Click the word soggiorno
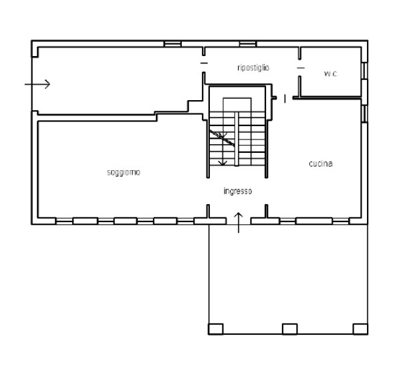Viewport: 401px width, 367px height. [x=124, y=173]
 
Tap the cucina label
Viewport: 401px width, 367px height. [x=321, y=163]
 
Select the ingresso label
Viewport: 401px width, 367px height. [x=238, y=191]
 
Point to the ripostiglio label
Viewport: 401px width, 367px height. [x=253, y=67]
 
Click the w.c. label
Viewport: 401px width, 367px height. [x=331, y=74]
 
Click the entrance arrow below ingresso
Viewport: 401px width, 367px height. [x=239, y=222]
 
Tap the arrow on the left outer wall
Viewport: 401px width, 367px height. [x=37, y=84]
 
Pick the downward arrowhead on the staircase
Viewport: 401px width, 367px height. [x=223, y=163]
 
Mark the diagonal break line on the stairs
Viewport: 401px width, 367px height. [x=222, y=138]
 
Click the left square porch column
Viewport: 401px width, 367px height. [x=216, y=329]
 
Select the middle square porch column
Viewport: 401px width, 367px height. [x=290, y=329]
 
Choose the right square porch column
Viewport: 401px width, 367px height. [x=360, y=329]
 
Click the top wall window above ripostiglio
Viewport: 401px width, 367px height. [x=248, y=44]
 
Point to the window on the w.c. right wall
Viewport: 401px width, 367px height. [x=365, y=71]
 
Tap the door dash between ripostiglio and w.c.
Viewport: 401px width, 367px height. [x=301, y=68]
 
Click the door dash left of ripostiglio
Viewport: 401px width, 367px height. [x=204, y=63]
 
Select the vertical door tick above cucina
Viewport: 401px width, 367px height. [x=285, y=99]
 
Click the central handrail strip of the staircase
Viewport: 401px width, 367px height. [x=237, y=139]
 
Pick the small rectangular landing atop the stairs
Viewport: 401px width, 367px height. [x=237, y=105]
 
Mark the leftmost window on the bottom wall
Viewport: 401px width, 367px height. [x=64, y=221]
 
